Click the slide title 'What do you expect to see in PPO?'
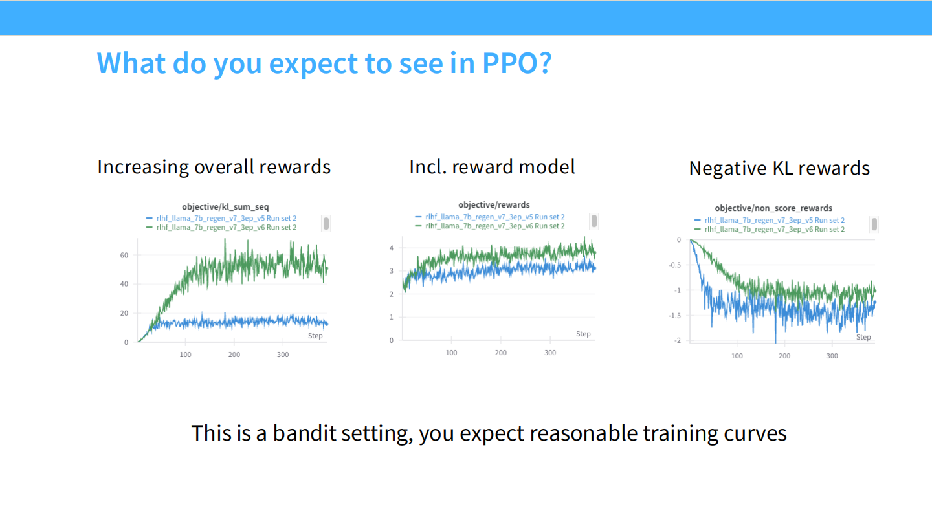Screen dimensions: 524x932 point(324,63)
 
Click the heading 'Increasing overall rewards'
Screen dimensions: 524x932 point(214,167)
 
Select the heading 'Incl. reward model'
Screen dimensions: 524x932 point(492,167)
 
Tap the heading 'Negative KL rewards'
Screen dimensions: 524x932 point(779,168)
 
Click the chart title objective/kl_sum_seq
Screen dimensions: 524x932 point(225,207)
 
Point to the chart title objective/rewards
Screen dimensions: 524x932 point(494,205)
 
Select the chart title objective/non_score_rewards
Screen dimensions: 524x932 point(773,208)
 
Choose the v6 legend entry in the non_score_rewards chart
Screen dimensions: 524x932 point(774,230)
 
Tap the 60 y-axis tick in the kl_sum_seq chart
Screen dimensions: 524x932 point(124,256)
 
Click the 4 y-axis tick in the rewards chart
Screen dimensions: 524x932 point(392,248)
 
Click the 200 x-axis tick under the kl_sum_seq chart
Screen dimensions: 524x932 point(234,355)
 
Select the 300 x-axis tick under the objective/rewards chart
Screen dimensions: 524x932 point(549,353)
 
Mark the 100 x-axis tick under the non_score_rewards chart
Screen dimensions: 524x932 point(737,356)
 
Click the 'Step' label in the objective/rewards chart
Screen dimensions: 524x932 point(583,334)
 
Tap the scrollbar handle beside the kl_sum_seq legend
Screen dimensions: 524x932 point(326,223)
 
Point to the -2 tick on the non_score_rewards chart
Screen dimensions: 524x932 point(678,341)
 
